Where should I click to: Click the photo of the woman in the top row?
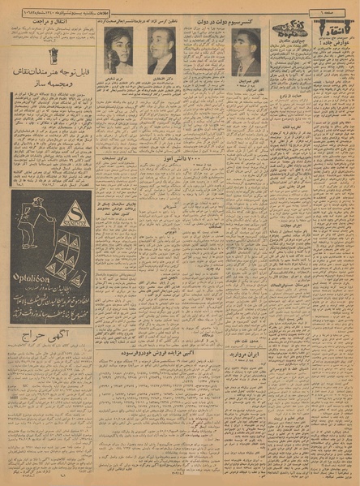pos(118,50)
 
